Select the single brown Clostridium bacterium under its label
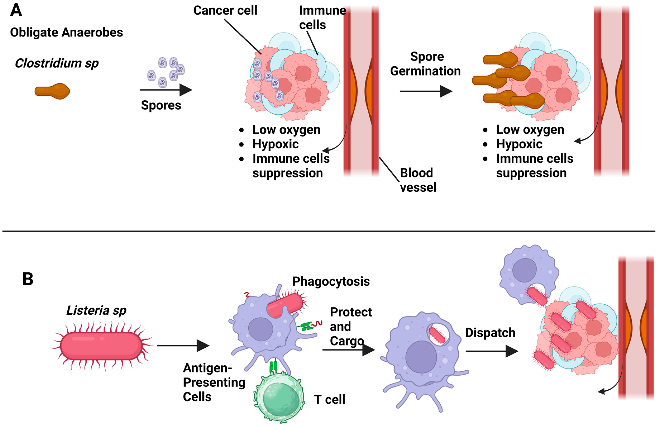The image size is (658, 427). [x=52, y=91]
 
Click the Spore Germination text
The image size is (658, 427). [x=425, y=64]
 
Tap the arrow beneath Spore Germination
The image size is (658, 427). [x=426, y=91]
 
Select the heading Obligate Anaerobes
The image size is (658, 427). [x=66, y=32]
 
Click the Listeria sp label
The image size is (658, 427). [x=96, y=310]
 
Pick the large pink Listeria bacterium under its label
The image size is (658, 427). [x=101, y=346]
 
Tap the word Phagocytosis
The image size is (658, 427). [x=331, y=281]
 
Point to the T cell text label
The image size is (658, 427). [x=330, y=399]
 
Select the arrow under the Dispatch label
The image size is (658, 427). [x=492, y=351]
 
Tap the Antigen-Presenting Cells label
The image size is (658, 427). [x=214, y=382]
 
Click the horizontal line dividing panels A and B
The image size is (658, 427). [x=329, y=231]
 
